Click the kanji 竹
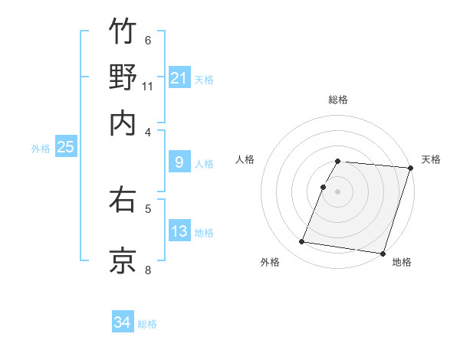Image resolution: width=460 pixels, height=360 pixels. (x=123, y=31)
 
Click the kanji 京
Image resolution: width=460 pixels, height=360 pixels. (x=123, y=260)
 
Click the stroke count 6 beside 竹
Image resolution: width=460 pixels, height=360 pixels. (x=148, y=40)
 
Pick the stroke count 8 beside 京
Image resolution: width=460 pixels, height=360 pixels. (x=148, y=269)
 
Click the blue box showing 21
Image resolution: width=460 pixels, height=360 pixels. (x=179, y=77)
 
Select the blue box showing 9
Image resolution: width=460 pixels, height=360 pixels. (x=179, y=162)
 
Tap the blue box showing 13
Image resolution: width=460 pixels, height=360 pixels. (x=179, y=231)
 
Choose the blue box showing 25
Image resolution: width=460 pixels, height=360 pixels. (x=65, y=147)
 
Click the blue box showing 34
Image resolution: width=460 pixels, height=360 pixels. (x=122, y=323)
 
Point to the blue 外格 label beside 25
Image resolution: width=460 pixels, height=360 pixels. (x=41, y=149)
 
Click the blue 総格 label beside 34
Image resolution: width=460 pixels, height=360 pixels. (x=147, y=324)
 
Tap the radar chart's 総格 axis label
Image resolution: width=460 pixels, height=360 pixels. (x=338, y=100)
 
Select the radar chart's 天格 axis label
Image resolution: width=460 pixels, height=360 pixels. (x=431, y=159)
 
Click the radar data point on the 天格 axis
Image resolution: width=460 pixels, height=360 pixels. (x=410, y=168)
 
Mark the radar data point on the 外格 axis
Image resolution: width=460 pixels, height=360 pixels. (x=302, y=242)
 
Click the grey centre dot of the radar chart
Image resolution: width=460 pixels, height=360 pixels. (x=338, y=191)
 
